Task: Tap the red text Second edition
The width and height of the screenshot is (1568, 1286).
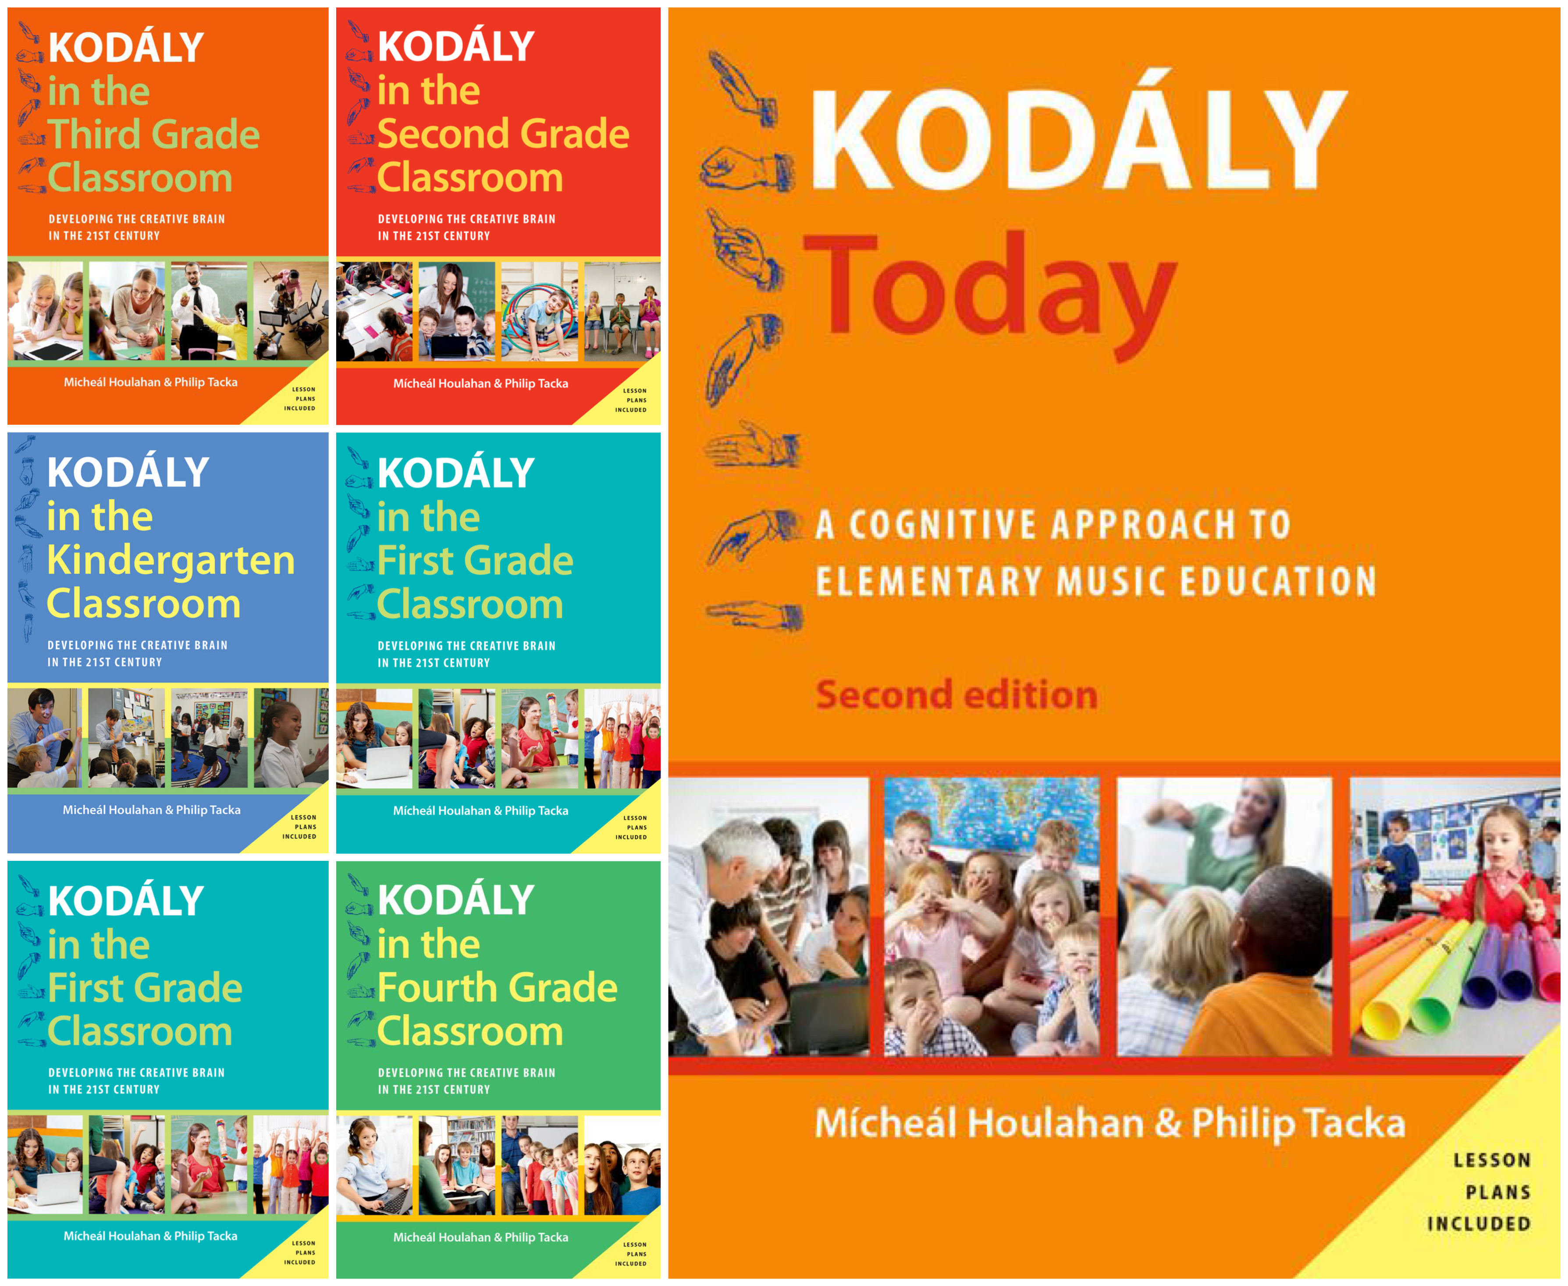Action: click(x=956, y=695)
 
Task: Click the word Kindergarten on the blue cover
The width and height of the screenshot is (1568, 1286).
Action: click(x=171, y=560)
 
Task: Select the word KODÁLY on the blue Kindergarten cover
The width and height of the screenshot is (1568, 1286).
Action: click(x=128, y=472)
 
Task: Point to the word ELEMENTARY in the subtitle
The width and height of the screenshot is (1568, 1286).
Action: click(x=930, y=582)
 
